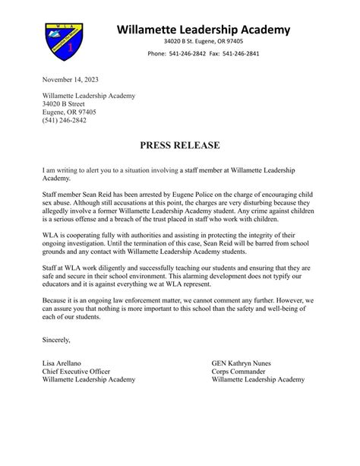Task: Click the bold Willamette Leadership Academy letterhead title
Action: coord(204,30)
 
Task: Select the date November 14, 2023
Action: coord(71,79)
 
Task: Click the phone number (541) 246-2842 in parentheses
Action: coord(65,120)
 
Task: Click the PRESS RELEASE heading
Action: coord(180,144)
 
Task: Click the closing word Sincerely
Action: coord(56,361)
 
